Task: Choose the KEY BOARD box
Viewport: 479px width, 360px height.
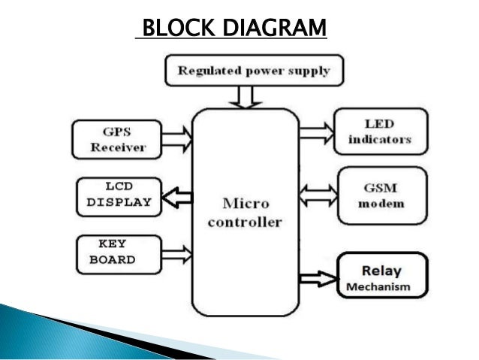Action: (x=118, y=253)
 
